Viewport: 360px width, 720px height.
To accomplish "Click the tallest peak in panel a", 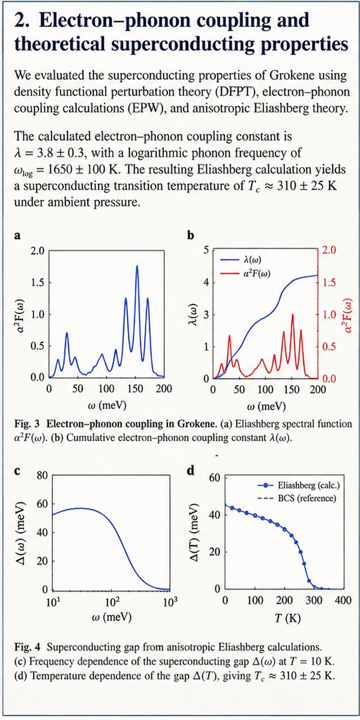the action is click(137, 266).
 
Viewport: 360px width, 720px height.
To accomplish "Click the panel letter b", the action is click(191, 236).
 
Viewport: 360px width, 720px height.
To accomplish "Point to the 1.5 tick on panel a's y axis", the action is click(38, 283).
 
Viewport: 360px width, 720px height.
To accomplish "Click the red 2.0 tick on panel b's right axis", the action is click(329, 250).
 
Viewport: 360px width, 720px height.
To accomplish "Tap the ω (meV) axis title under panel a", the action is click(107, 405).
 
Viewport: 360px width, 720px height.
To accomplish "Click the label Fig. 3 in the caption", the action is click(27, 424).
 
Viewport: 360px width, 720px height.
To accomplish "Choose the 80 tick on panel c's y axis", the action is click(42, 475).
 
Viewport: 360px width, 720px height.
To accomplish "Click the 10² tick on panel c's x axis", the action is click(111, 602).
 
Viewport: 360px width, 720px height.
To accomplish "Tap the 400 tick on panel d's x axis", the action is click(343, 600).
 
